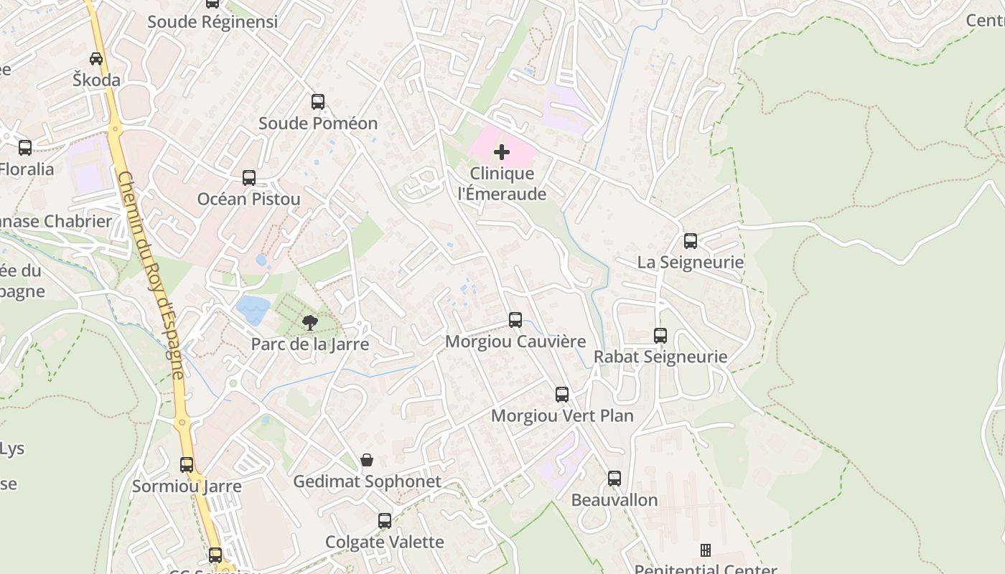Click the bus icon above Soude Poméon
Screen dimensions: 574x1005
coord(318,102)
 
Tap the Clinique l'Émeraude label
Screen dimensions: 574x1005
coord(502,184)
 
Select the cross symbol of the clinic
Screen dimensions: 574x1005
coord(502,152)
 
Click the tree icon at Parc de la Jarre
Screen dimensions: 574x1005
coord(310,323)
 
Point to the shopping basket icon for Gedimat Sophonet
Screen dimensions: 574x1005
coord(367,460)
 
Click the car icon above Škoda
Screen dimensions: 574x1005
coord(96,59)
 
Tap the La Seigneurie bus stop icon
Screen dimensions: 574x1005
coord(691,241)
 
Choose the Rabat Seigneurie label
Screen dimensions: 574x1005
coord(660,357)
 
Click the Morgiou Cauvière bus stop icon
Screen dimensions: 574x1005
coord(515,320)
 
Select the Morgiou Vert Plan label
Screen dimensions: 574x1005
coord(562,415)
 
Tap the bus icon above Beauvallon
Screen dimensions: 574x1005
coord(614,479)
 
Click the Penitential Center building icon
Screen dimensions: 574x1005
coord(706,550)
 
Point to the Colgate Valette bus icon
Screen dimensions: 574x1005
coord(385,520)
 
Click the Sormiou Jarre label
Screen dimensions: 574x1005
coord(187,486)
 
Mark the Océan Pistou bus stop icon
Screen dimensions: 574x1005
coord(249,178)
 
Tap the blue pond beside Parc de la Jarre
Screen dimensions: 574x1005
coord(253,310)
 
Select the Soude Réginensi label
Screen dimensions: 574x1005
coord(212,22)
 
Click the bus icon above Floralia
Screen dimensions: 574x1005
coord(25,148)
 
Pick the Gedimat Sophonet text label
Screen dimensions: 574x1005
coord(367,481)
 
